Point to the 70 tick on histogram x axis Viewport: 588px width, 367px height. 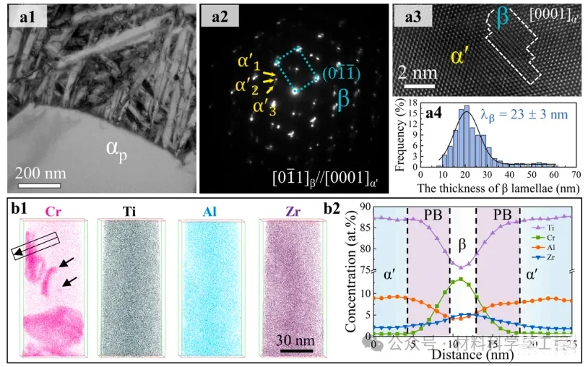[x=575, y=173]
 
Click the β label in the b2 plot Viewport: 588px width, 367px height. [x=462, y=256]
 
